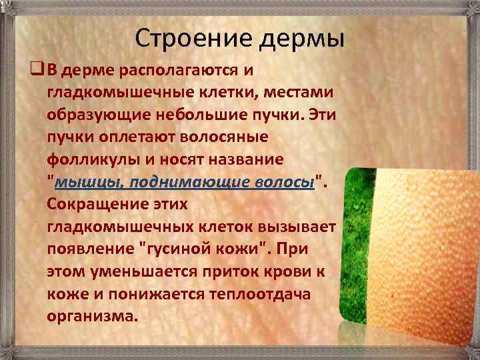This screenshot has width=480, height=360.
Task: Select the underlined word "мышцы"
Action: click(87, 181)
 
